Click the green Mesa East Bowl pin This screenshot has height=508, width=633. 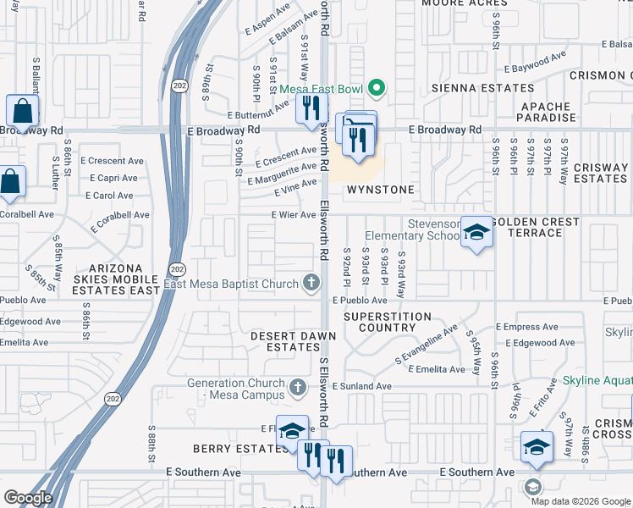pyautogui.click(x=378, y=88)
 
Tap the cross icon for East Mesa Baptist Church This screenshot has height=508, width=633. pyautogui.click(x=312, y=284)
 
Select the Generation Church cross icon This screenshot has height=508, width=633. pyautogui.click(x=296, y=388)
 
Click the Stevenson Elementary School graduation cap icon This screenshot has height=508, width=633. pyautogui.click(x=476, y=233)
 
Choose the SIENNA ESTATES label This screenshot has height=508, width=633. pyautogui.click(x=483, y=88)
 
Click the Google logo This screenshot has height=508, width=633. pyautogui.click(x=28, y=498)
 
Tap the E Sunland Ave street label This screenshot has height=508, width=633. pyautogui.click(x=361, y=386)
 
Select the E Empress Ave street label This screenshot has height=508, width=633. pyautogui.click(x=526, y=327)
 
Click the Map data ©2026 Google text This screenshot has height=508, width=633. pyautogui.click(x=580, y=500)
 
